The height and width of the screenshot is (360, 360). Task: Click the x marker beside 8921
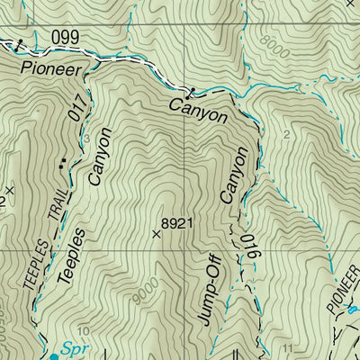(157, 232)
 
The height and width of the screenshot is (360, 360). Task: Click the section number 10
(83, 330)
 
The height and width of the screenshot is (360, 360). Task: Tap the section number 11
(287, 347)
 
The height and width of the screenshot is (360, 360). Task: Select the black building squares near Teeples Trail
(63, 164)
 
